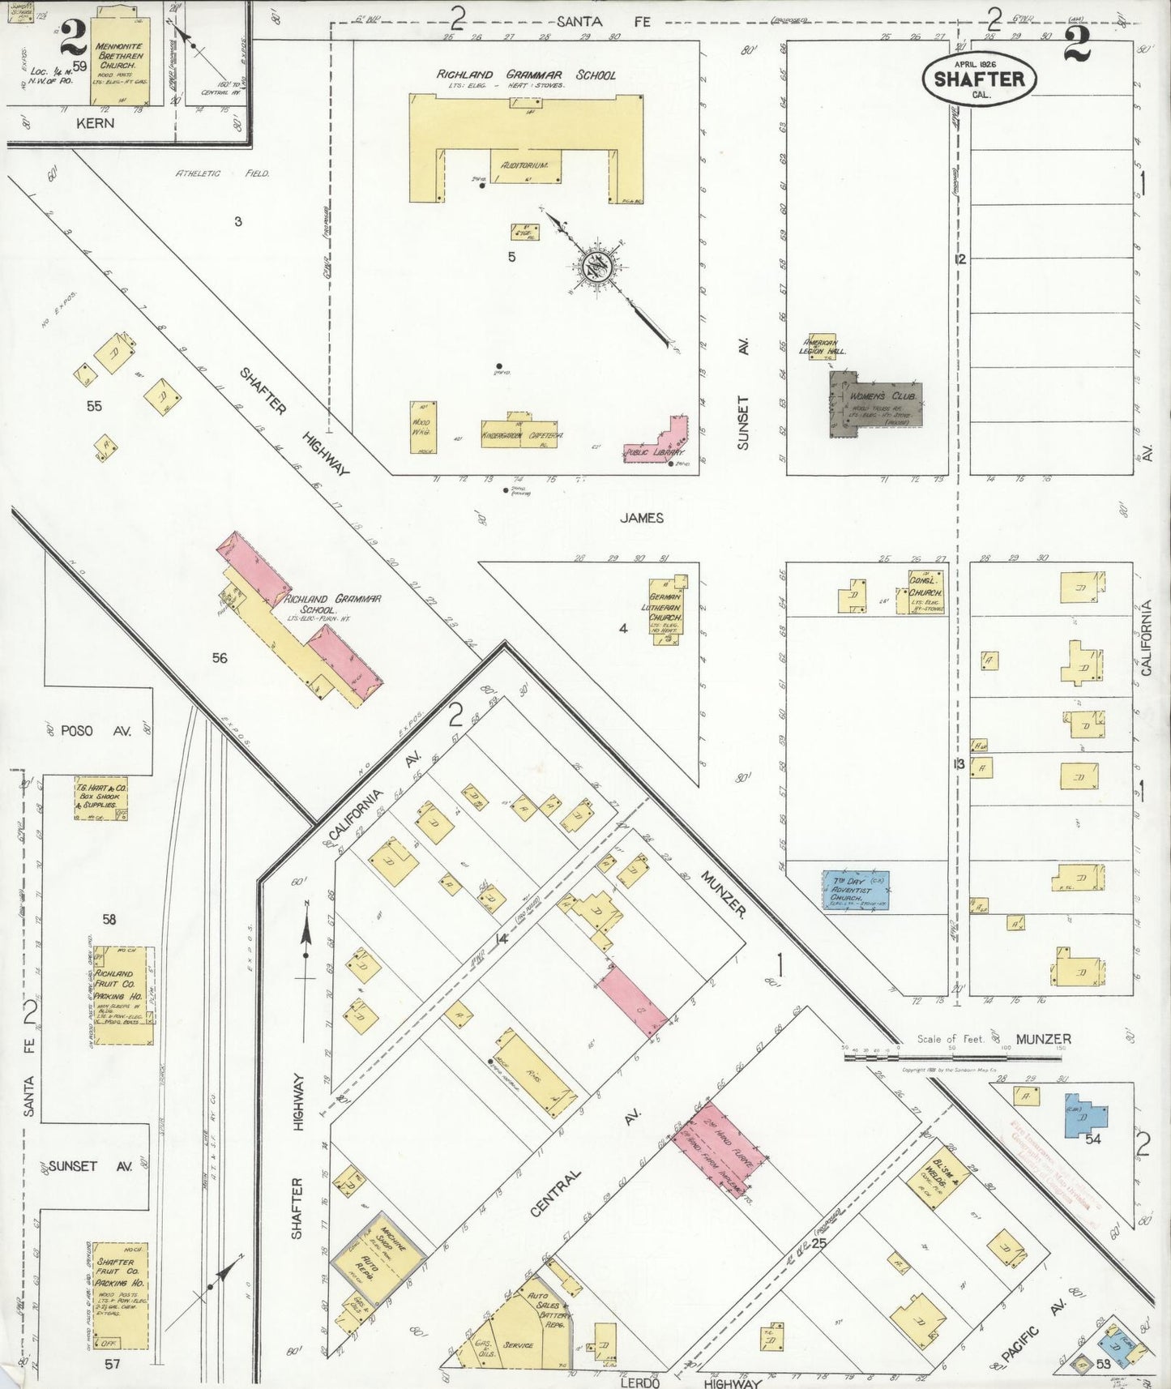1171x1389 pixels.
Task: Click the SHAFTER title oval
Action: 979,78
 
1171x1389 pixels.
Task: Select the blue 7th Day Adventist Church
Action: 856,890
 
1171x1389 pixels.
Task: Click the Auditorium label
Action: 525,165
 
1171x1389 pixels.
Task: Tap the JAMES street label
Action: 642,518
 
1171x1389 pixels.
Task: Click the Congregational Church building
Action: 925,592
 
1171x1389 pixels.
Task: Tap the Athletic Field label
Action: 223,173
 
